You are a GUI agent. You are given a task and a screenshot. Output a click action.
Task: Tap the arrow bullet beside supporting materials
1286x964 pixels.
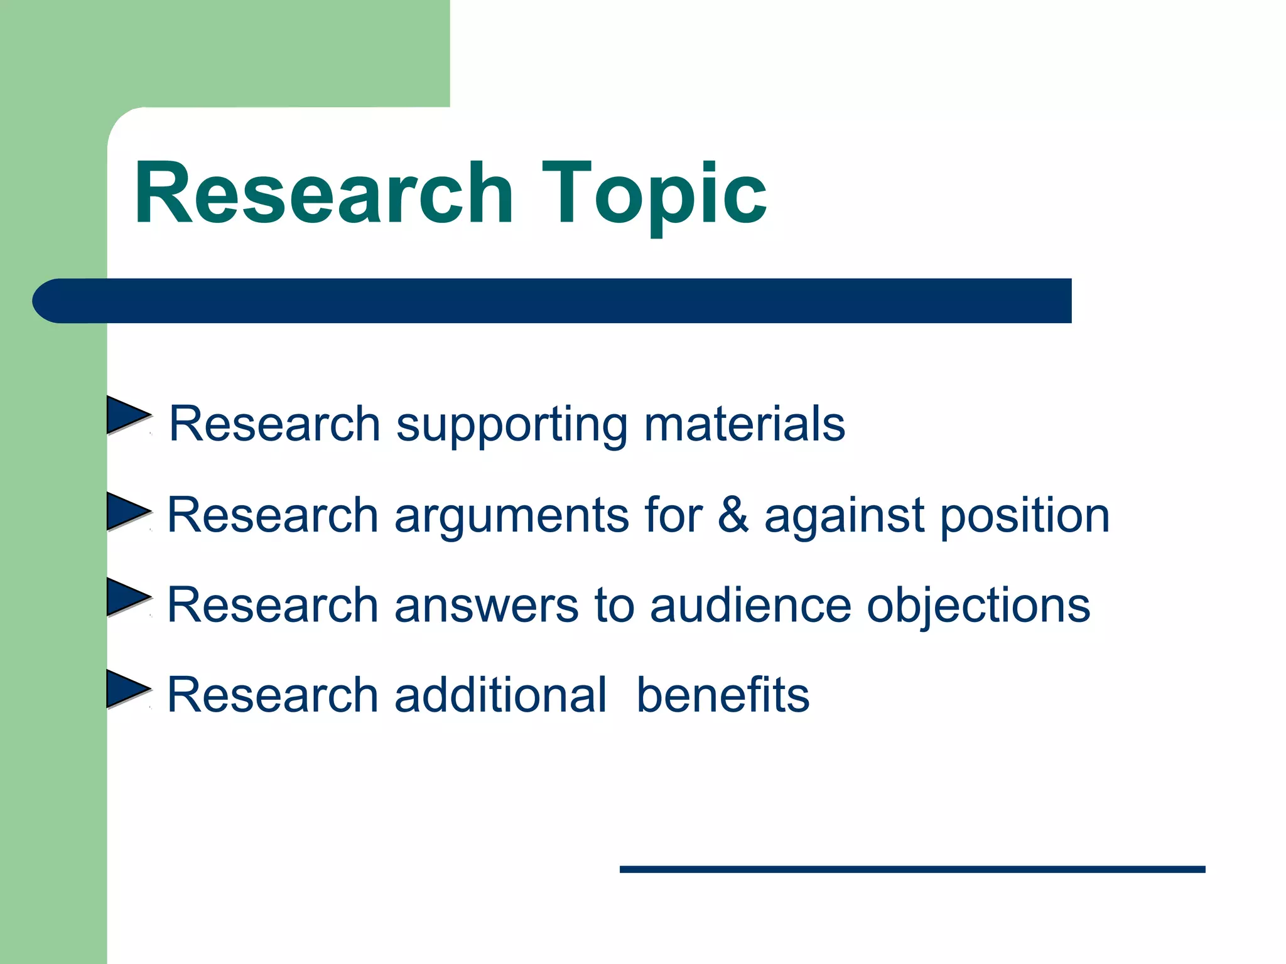tap(127, 415)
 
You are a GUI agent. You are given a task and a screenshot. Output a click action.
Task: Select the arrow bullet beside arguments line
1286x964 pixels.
tap(127, 511)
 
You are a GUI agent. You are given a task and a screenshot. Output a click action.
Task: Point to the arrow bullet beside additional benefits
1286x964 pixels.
tap(127, 688)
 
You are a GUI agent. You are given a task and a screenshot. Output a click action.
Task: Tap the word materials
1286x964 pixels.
tap(745, 424)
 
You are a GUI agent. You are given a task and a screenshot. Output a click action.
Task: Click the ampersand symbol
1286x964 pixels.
tap(733, 515)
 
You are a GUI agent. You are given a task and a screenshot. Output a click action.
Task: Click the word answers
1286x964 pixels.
tap(486, 606)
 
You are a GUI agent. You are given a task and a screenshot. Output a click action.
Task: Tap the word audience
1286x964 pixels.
tap(750, 606)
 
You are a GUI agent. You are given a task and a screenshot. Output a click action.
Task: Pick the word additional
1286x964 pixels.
tap(500, 695)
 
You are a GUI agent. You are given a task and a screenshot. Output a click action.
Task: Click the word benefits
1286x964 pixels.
tap(723, 695)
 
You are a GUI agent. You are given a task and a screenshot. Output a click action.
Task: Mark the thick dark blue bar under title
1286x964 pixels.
tap(565, 301)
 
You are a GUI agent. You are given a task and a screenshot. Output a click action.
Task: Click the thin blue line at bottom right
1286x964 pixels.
tap(912, 869)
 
